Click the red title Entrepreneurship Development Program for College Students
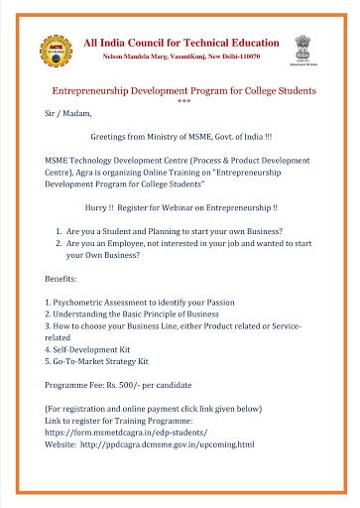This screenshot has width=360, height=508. tap(183, 90)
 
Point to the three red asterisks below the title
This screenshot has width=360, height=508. tap(183, 103)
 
